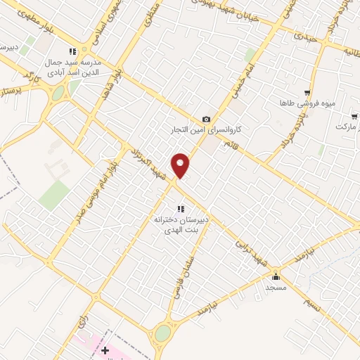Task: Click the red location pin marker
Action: (181, 165)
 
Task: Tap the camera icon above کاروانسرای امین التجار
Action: (206, 119)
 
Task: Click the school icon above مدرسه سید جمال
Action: (72, 51)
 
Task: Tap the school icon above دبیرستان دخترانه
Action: (181, 208)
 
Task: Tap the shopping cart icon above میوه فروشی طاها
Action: (307, 92)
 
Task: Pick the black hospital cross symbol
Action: (105, 349)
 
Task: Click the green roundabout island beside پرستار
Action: (58, 93)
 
